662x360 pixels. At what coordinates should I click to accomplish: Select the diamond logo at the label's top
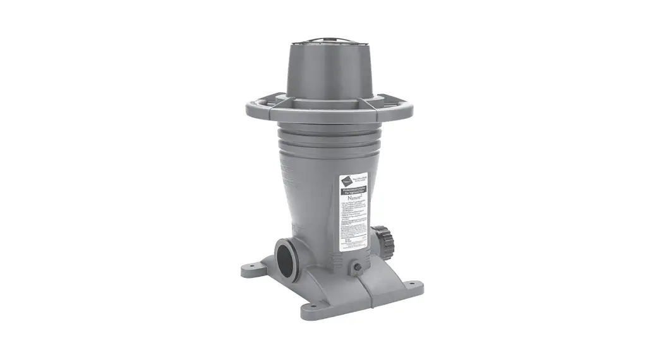point(346,181)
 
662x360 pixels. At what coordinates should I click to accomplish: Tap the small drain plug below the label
point(358,267)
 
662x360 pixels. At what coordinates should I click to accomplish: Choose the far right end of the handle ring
point(414,107)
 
